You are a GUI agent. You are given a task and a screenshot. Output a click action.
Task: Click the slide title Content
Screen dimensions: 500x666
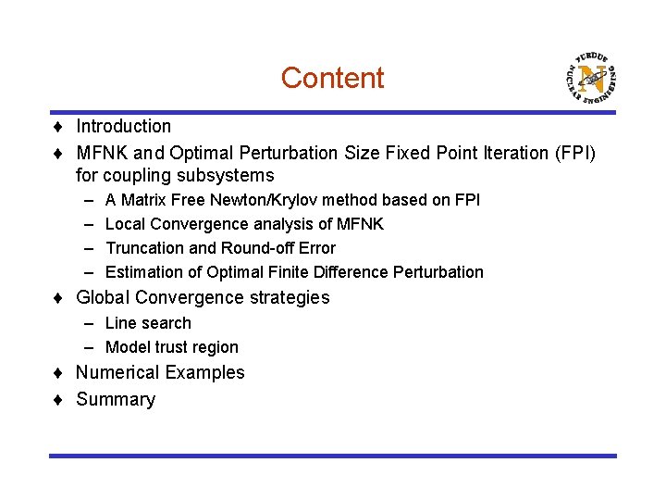click(x=332, y=78)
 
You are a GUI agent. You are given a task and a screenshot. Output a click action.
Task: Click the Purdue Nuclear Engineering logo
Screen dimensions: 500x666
click(x=589, y=76)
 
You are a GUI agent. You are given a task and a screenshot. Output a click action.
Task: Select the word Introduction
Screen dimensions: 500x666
click(x=123, y=126)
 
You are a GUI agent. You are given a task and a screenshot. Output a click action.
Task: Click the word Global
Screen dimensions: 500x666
click(x=103, y=297)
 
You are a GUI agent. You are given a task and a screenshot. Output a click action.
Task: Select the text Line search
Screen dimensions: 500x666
click(x=148, y=323)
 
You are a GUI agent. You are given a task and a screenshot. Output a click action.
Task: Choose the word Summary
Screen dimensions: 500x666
click(x=116, y=399)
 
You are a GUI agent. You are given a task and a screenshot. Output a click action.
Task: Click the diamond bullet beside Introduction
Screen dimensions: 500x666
click(x=57, y=127)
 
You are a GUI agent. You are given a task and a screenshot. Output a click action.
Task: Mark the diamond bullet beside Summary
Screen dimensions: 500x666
click(x=57, y=400)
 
